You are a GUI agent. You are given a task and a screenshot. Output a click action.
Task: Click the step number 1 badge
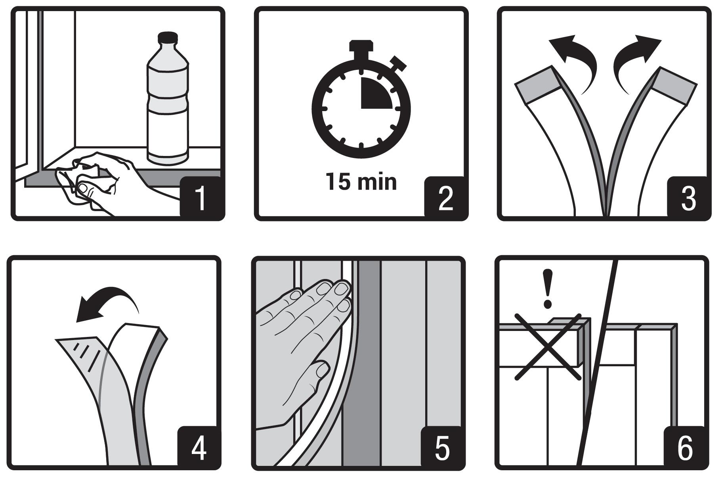click(201, 197)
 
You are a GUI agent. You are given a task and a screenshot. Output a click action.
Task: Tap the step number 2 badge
click(445, 197)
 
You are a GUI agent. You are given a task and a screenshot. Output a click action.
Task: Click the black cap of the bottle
click(167, 38)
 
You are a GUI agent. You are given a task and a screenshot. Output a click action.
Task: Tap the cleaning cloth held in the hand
click(85, 181)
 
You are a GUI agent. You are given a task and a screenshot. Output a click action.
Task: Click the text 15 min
click(361, 182)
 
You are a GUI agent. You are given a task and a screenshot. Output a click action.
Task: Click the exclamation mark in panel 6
click(548, 289)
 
